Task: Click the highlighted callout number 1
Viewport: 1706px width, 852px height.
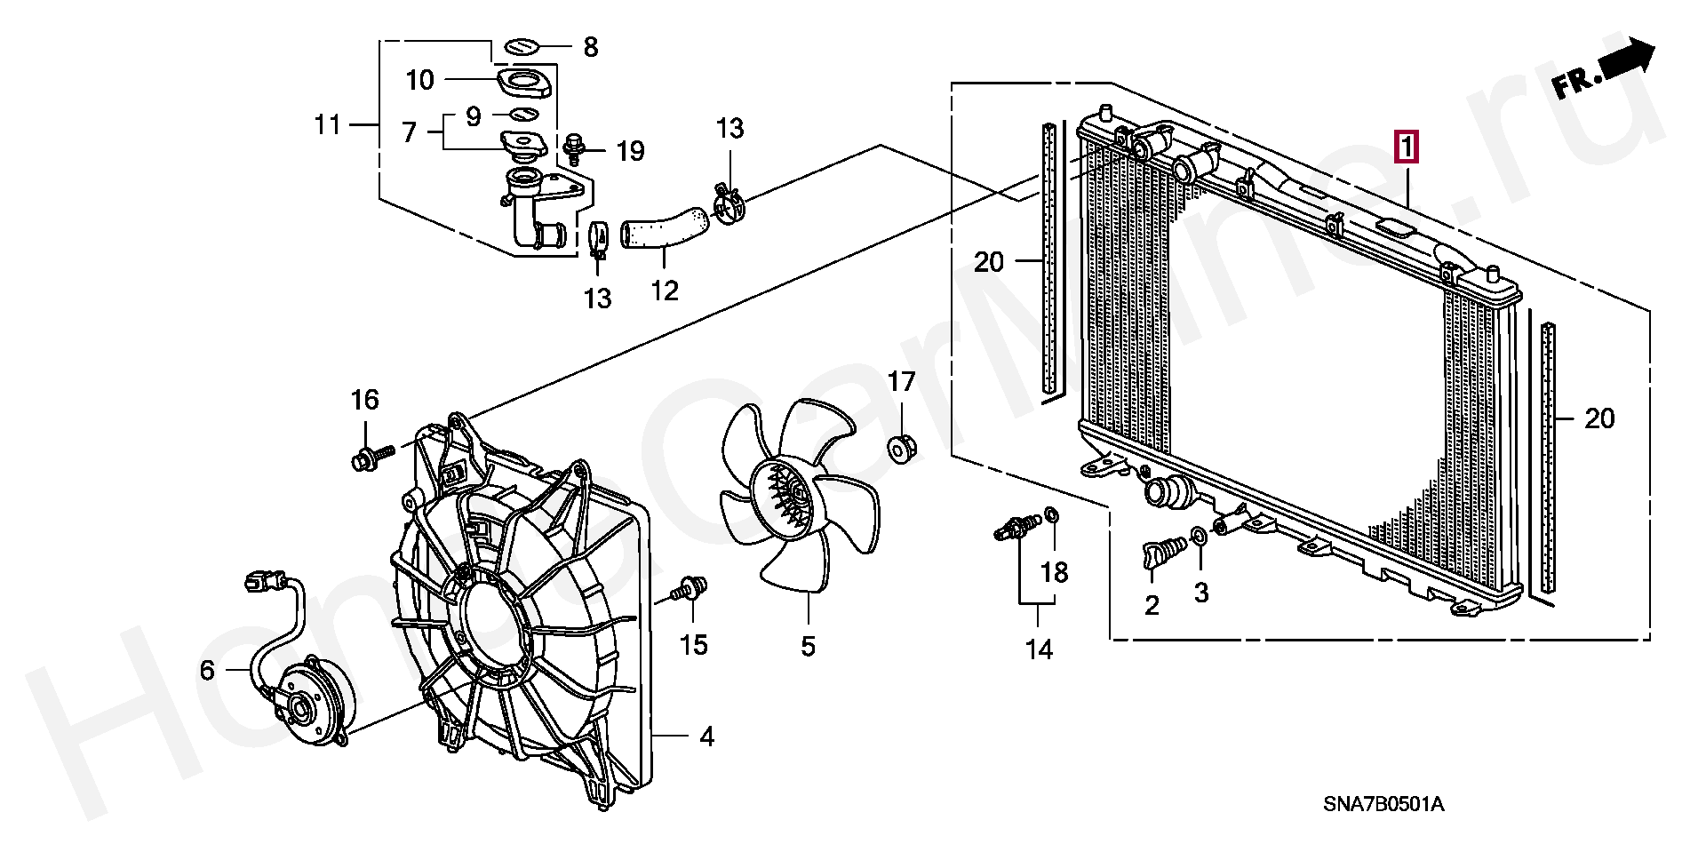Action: click(1408, 147)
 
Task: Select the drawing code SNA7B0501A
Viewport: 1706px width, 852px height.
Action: click(1383, 805)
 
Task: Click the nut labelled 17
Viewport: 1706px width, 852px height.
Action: click(902, 449)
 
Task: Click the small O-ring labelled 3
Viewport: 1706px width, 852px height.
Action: click(1199, 536)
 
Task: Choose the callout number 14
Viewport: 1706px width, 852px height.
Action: click(1039, 649)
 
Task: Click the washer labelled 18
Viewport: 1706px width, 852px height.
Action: click(1052, 514)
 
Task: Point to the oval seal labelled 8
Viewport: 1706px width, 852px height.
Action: click(522, 45)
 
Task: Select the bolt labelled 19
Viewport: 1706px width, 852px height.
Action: click(575, 148)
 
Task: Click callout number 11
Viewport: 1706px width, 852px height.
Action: click(327, 124)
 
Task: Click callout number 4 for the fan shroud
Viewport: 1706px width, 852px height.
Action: click(706, 737)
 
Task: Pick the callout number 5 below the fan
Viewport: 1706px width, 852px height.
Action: click(807, 646)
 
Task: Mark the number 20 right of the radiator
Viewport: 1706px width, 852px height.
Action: click(1599, 418)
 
